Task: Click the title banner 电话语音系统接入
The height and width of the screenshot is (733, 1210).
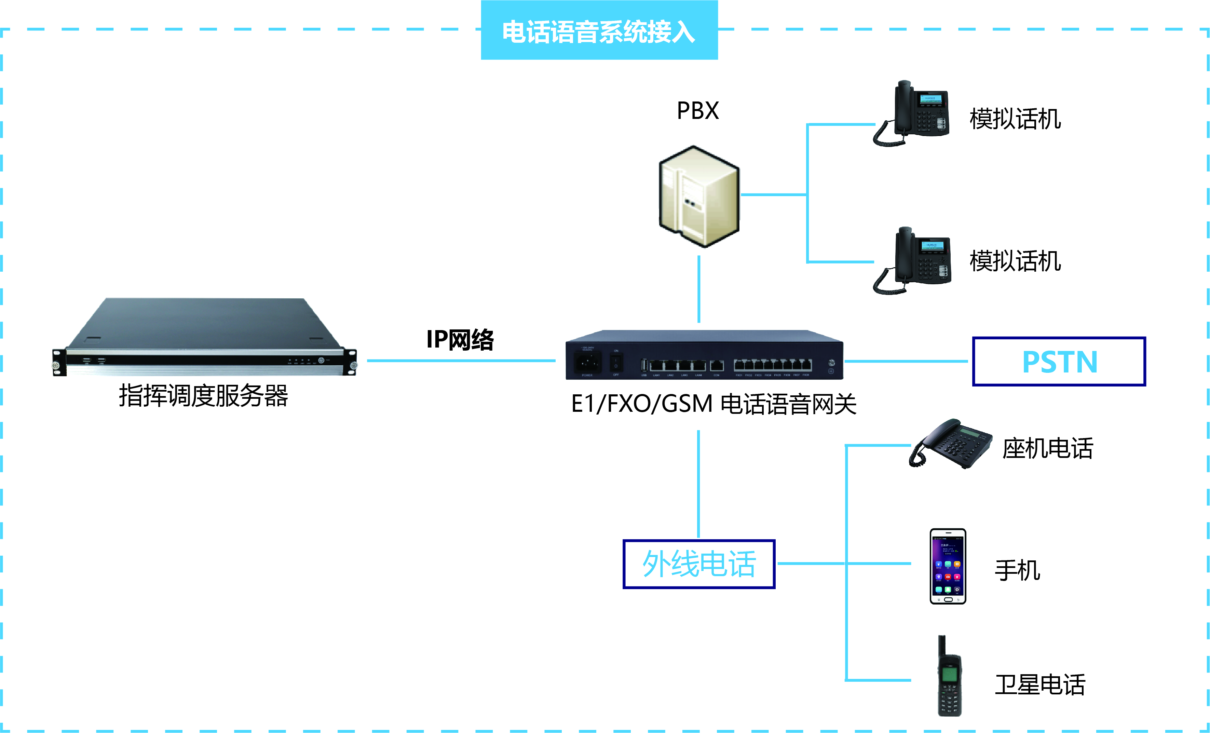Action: click(599, 31)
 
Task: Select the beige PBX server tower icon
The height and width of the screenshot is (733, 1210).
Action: click(699, 196)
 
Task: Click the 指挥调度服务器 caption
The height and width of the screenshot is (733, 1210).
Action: click(203, 396)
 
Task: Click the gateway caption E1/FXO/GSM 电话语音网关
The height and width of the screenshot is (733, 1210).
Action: click(713, 404)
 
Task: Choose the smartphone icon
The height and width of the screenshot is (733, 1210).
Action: click(948, 566)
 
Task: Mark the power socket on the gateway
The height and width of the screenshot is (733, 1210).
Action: click(587, 363)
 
